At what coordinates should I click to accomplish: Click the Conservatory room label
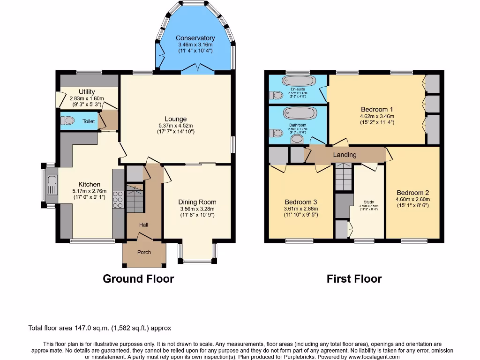(195, 38)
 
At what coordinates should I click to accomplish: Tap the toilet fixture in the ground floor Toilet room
(67, 121)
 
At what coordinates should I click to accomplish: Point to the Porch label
(144, 252)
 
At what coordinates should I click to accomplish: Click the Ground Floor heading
(138, 279)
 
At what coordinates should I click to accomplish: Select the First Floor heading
(354, 279)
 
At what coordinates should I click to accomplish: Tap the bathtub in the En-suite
(300, 81)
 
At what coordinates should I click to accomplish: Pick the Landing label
(345, 155)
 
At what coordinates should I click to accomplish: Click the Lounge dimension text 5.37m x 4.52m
(175, 126)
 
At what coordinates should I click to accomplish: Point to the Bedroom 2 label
(412, 193)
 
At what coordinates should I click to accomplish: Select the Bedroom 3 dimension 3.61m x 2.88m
(301, 209)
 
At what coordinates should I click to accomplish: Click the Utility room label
(87, 92)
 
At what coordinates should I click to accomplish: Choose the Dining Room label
(198, 202)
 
